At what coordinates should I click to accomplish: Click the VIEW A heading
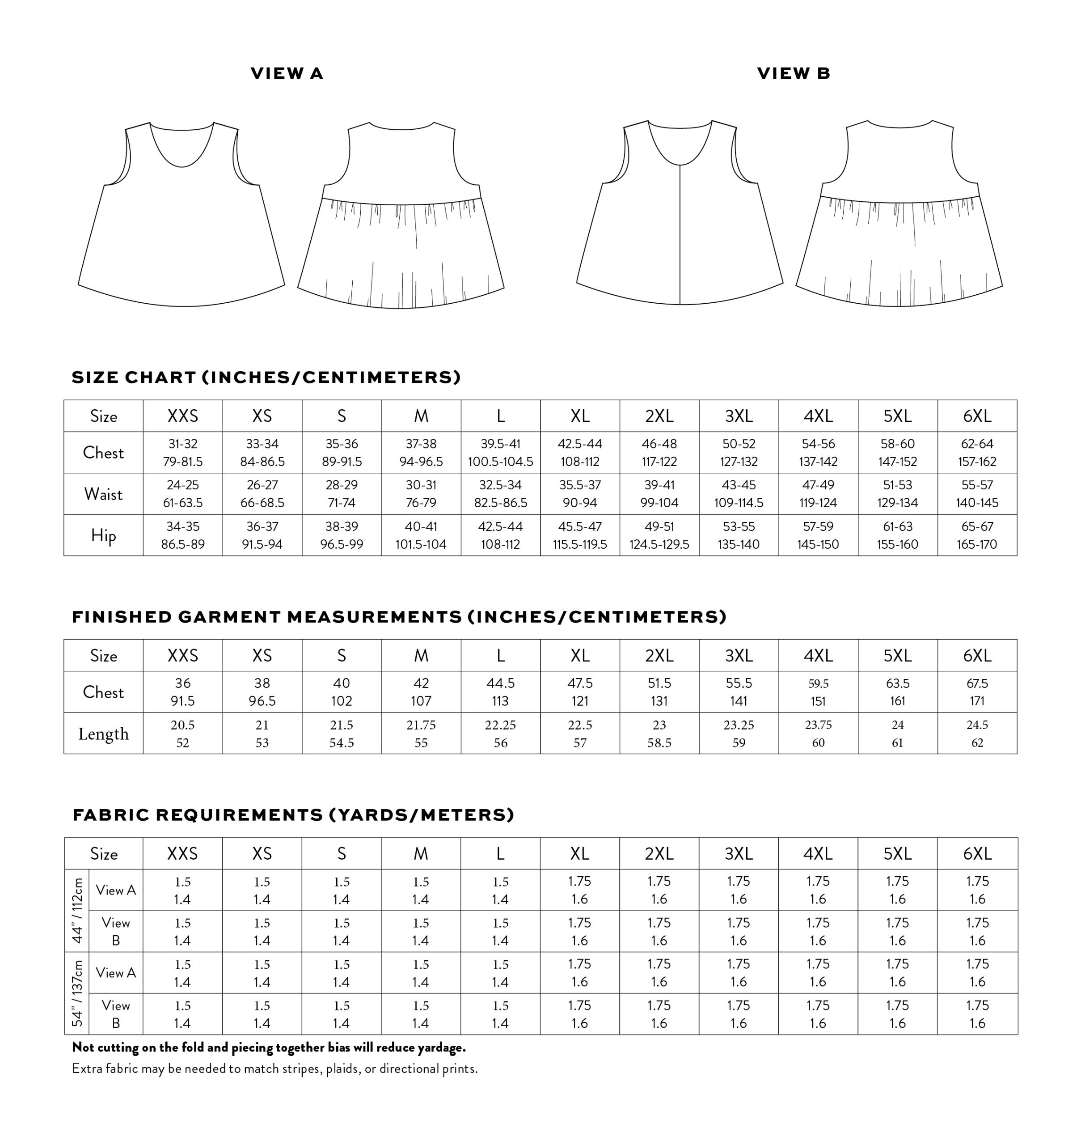(287, 73)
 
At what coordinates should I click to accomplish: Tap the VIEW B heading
(793, 73)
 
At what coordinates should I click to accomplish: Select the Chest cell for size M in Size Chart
(421, 453)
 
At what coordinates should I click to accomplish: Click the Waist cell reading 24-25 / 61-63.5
(183, 493)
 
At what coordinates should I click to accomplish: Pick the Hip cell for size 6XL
(977, 535)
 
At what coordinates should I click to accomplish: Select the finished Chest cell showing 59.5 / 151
(818, 692)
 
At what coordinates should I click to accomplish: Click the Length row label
(103, 734)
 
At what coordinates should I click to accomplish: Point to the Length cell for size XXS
(183, 734)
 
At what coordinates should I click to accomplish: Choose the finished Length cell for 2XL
(659, 734)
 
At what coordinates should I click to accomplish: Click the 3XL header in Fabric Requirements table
(738, 853)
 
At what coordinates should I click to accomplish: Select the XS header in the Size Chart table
(262, 416)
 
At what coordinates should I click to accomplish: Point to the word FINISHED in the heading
(122, 617)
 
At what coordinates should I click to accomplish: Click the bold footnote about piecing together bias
(269, 1047)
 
